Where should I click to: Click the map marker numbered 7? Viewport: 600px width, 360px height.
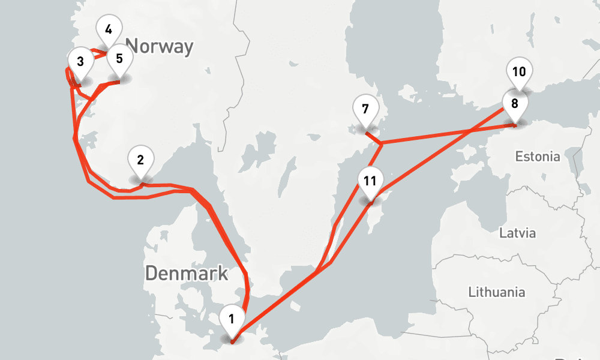(365, 112)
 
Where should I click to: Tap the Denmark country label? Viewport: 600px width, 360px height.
(187, 274)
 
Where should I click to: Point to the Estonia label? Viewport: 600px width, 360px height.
(538, 157)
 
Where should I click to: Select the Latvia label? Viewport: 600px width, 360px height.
(518, 233)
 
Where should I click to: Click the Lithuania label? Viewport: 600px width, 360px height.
(496, 293)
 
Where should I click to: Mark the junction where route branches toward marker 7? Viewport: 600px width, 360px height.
(381, 143)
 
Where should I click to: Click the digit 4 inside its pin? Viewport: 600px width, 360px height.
(108, 29)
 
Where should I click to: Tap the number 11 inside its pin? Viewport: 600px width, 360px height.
(370, 179)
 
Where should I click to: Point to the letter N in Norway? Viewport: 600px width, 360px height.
(134, 46)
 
